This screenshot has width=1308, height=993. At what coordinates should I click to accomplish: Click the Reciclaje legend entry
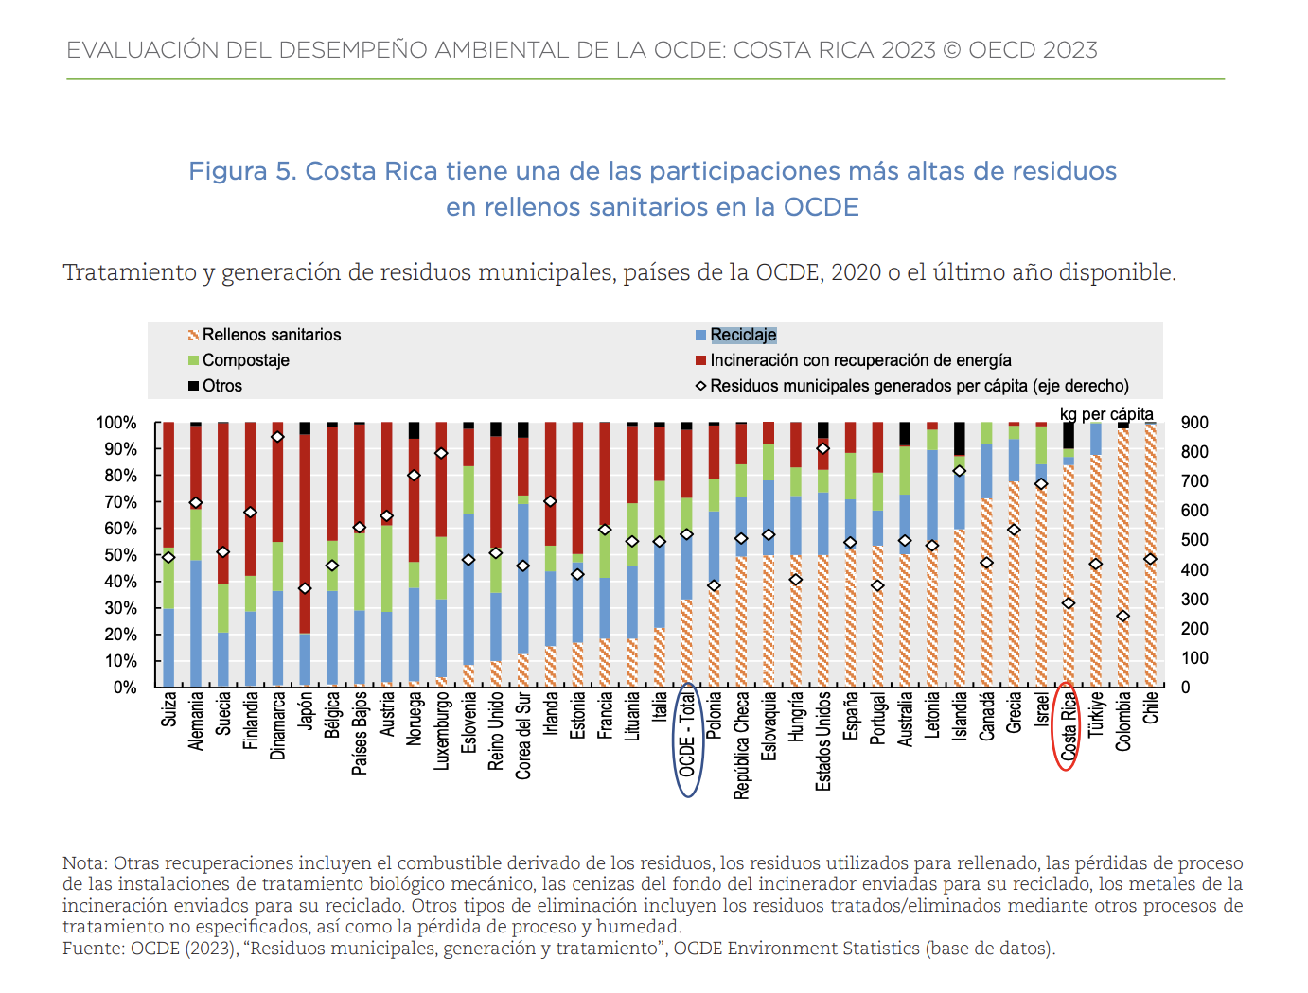743,335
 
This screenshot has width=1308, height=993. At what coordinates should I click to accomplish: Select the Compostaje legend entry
245,360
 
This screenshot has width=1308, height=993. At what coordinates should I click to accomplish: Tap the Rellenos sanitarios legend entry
271,335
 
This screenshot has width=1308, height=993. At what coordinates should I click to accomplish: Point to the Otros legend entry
221,386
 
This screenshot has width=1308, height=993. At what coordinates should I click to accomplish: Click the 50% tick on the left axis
117,555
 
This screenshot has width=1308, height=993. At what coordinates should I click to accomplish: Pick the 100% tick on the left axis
115,423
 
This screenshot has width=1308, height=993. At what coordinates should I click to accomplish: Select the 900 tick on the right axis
1194,423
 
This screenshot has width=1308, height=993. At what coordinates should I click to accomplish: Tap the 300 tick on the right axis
1194,600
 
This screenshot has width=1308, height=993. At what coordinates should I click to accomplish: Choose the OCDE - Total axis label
687,734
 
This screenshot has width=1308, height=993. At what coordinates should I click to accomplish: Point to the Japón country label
305,710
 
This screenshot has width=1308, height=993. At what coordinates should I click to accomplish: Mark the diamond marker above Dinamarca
277,437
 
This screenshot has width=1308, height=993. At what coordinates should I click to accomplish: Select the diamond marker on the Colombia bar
1123,617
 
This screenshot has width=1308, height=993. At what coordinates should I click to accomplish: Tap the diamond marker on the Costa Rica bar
1069,603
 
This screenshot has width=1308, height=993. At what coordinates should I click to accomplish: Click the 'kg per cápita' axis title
1106,414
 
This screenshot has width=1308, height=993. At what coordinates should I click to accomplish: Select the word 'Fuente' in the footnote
91,948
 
